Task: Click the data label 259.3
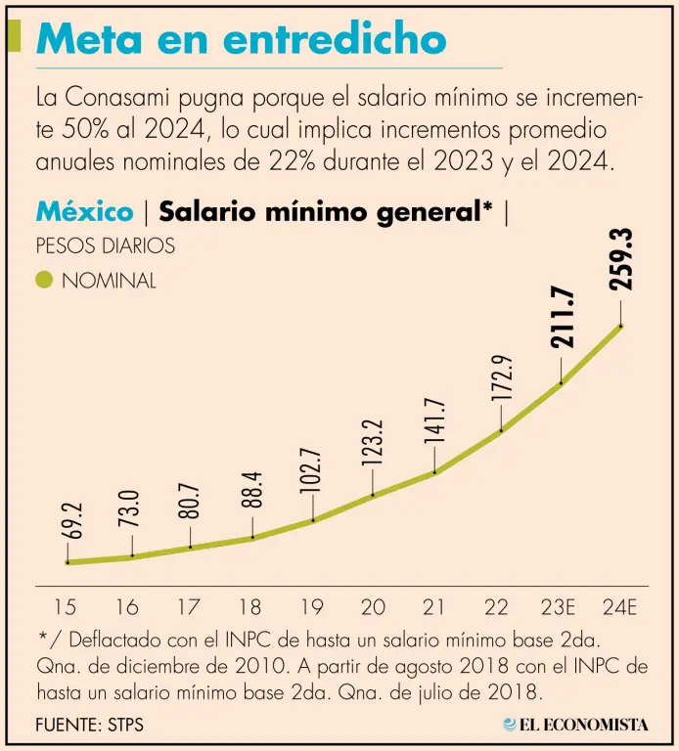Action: pos(621,259)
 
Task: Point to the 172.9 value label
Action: pos(502,378)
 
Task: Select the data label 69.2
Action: pos(68,522)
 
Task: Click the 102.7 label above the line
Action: pos(313,469)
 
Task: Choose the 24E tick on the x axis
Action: pos(619,606)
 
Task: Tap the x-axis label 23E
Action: pos(557,606)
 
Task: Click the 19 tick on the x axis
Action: pos(312,606)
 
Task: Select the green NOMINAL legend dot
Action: pos(44,281)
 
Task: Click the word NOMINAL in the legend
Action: pos(109,281)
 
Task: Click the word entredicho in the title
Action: pos(335,40)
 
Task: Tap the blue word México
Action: pos(84,211)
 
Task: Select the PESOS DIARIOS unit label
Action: pos(105,245)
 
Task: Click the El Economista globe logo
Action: pos(511,725)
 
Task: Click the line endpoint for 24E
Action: pos(621,326)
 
